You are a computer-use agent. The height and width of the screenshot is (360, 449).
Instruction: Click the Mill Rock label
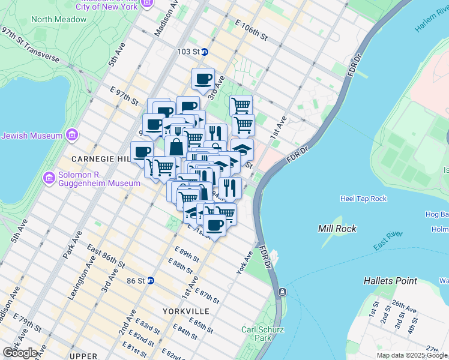click(x=337, y=229)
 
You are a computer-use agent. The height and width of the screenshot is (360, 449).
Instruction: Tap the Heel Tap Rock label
click(x=364, y=199)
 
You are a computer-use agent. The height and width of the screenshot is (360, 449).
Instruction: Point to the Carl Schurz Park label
click(x=263, y=334)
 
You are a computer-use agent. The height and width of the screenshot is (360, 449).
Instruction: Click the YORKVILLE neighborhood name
click(x=186, y=311)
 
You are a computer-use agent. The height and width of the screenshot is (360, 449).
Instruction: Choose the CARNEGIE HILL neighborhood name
click(x=100, y=159)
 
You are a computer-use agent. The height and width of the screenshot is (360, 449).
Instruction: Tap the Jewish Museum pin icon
click(x=72, y=134)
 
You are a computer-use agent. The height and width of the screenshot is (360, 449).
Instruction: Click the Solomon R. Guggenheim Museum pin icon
click(x=49, y=178)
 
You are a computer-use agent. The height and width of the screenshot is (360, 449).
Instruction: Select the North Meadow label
click(x=59, y=19)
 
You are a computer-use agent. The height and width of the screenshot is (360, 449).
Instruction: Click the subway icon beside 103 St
click(x=205, y=52)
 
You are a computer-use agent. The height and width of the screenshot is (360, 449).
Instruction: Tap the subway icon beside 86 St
click(x=151, y=280)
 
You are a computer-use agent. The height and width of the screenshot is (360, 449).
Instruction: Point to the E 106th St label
click(x=252, y=29)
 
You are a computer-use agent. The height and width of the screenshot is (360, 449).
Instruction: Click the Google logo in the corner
click(x=20, y=352)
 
